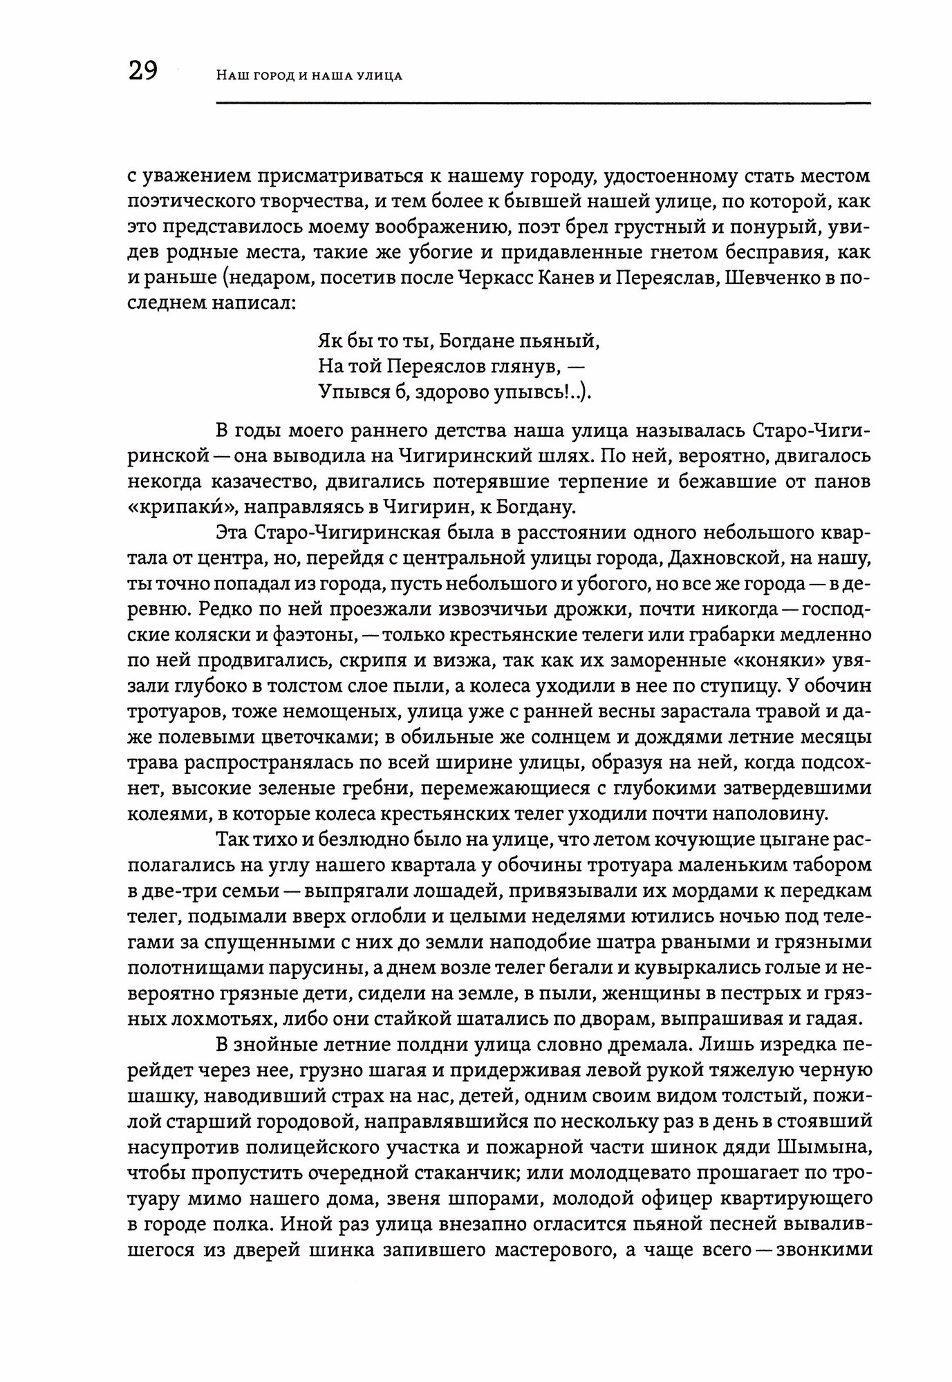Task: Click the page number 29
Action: click(143, 70)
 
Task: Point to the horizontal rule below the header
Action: click(543, 104)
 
